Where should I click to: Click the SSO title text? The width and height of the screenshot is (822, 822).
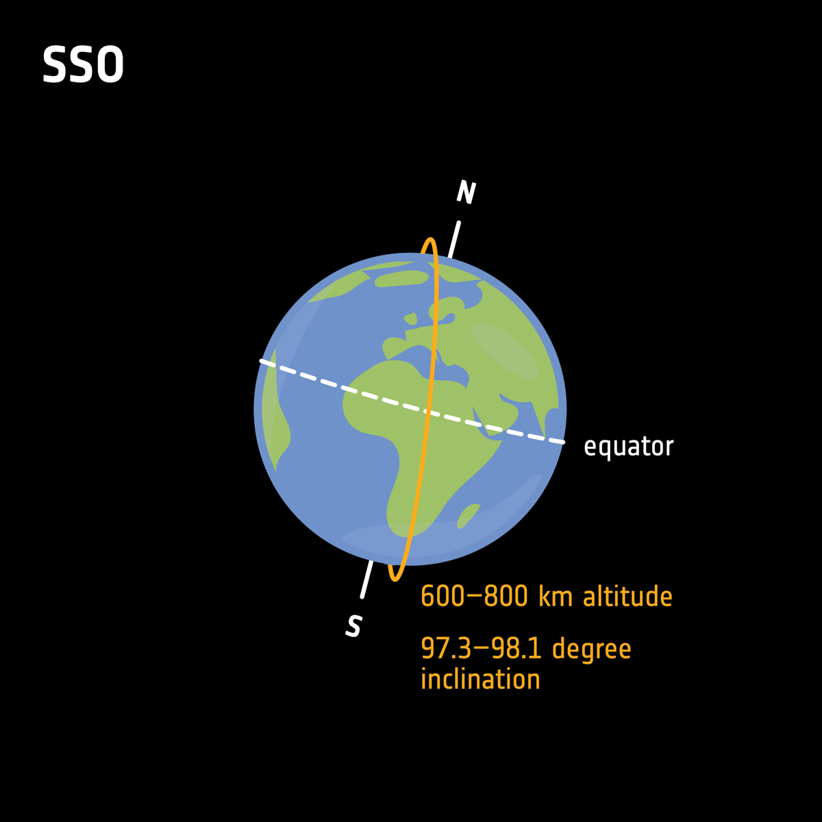point(83,66)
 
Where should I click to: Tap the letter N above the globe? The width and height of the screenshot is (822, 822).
point(466,192)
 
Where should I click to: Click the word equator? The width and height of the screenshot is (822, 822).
point(628,447)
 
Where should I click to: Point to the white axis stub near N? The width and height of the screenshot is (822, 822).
point(454,239)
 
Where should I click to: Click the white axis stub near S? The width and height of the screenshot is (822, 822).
point(366,580)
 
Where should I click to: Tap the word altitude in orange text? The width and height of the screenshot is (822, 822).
point(627,596)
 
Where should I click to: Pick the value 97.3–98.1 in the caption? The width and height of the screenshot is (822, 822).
point(482,648)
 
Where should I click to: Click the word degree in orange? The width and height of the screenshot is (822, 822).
point(591,649)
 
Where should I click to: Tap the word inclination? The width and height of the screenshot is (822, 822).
point(480,680)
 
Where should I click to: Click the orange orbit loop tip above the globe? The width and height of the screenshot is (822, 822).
point(430,240)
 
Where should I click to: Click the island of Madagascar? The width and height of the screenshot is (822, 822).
point(468,515)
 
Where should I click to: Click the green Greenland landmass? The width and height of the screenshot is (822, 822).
point(401,278)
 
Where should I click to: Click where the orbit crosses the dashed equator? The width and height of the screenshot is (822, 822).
point(426,412)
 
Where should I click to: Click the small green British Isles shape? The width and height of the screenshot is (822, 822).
point(411,319)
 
